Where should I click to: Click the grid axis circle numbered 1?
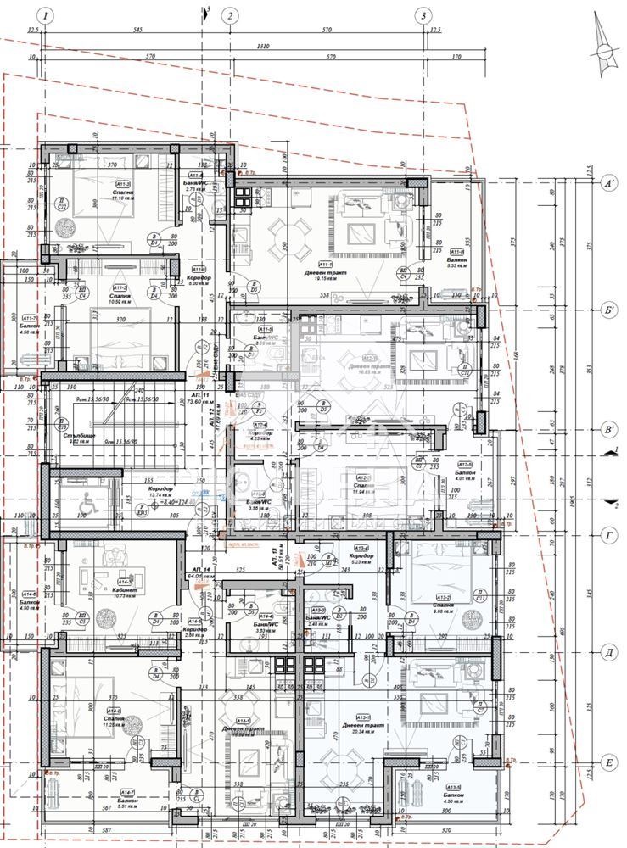point(46,15)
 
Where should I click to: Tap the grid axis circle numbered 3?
point(423,15)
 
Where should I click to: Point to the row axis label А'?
point(607,183)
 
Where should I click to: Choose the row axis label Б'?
point(607,310)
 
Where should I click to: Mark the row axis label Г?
point(607,537)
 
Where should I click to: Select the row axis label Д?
point(607,652)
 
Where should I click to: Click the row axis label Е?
point(607,764)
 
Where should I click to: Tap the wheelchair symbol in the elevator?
point(86,503)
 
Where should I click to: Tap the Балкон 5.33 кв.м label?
point(456,259)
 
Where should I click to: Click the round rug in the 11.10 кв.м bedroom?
point(66,227)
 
